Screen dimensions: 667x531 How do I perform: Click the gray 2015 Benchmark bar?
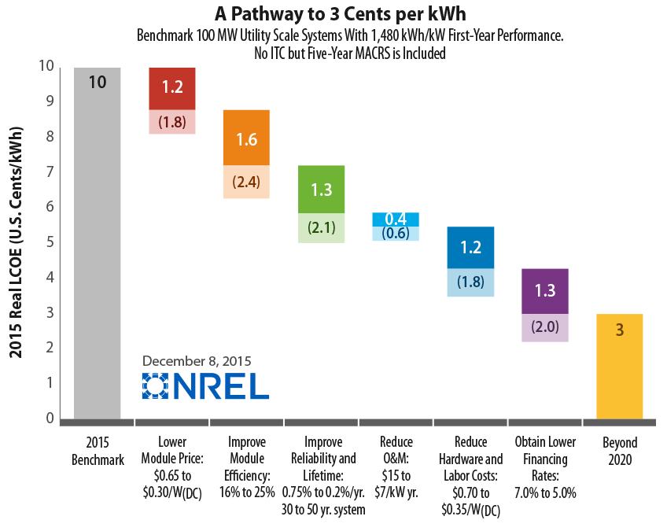pyautogui.click(x=98, y=243)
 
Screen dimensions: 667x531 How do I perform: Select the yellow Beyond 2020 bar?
pyautogui.click(x=619, y=367)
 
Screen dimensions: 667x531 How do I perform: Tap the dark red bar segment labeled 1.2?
pyautogui.click(x=172, y=88)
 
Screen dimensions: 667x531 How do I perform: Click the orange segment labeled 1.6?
pyautogui.click(x=247, y=138)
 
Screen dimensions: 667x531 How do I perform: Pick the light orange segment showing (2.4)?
pyautogui.click(x=247, y=182)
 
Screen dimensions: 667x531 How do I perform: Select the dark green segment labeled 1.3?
pyautogui.click(x=321, y=190)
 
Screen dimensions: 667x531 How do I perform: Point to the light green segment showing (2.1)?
pyautogui.click(x=321, y=228)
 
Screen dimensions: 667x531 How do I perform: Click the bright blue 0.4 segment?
pyautogui.click(x=396, y=219)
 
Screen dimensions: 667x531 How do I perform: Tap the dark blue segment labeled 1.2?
pyautogui.click(x=470, y=247)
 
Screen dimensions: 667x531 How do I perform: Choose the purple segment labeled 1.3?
pyautogui.click(x=545, y=291)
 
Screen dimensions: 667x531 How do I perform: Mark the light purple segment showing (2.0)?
pyautogui.click(x=545, y=327)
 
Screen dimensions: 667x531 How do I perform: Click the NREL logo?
pyautogui.click(x=205, y=386)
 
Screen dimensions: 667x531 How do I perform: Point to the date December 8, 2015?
pyautogui.click(x=197, y=361)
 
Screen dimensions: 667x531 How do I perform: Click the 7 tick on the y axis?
pyautogui.click(x=50, y=171)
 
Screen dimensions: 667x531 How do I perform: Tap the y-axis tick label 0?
pyautogui.click(x=50, y=418)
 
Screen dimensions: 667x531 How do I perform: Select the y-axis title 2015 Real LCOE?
pyautogui.click(x=16, y=242)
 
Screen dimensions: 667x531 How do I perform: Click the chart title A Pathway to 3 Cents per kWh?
pyautogui.click(x=341, y=13)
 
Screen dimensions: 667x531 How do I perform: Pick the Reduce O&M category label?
pyautogui.click(x=396, y=466)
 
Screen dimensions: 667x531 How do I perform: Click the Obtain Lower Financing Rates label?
pyautogui.click(x=545, y=466)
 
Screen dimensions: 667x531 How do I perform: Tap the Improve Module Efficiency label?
pyautogui.click(x=247, y=466)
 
